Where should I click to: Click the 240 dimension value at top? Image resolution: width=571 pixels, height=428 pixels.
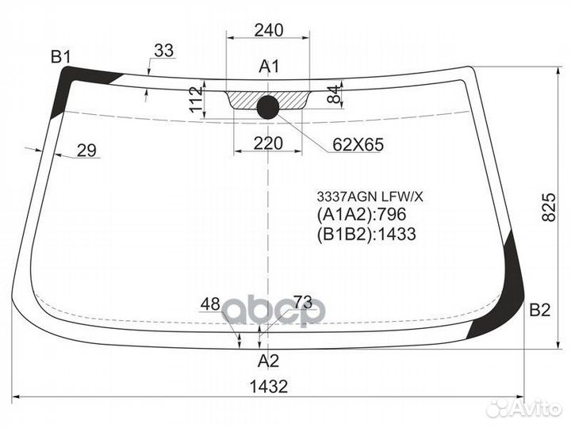point(268,30)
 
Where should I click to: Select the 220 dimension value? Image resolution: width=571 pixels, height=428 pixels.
point(268,143)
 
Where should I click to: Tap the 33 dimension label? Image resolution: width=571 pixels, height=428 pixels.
point(163,51)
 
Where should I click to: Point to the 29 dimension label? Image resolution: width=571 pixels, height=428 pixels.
point(86,150)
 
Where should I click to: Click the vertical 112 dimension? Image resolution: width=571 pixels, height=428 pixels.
point(197,99)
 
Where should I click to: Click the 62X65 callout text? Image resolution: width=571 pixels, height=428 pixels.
point(358,145)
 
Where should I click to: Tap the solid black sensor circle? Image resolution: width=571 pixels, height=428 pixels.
point(268,107)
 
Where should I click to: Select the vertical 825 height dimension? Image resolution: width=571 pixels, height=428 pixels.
point(549,208)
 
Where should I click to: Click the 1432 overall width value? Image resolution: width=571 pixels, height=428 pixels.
point(269,387)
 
